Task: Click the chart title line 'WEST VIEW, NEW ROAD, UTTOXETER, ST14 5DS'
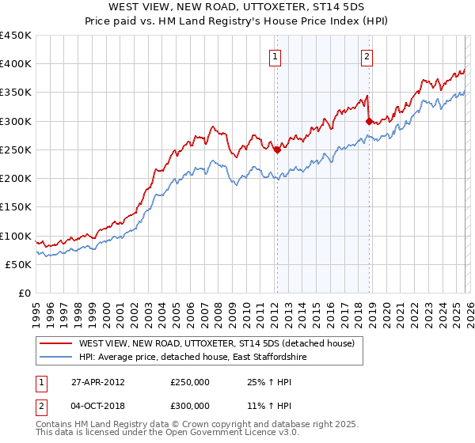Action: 237,7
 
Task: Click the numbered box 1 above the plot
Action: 275,56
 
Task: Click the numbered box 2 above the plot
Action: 367,56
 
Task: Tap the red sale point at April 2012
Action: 277,150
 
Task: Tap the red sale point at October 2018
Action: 369,121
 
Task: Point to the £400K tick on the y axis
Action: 16,64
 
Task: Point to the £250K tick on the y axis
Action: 16,150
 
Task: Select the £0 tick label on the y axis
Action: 24,293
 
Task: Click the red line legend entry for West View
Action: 220,343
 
